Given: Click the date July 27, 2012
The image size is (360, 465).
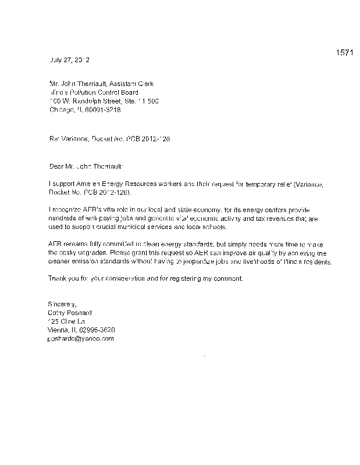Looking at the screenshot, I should pyautogui.click(x=68, y=60).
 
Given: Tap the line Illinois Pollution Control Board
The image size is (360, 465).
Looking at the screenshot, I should pyautogui.click(x=92, y=92).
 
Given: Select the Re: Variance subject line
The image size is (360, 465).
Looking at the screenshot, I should pyautogui.click(x=108, y=139).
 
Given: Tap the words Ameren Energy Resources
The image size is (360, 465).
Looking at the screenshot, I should pyautogui.click(x=111, y=183).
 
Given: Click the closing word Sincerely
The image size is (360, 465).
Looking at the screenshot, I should pyautogui.click(x=61, y=305).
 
